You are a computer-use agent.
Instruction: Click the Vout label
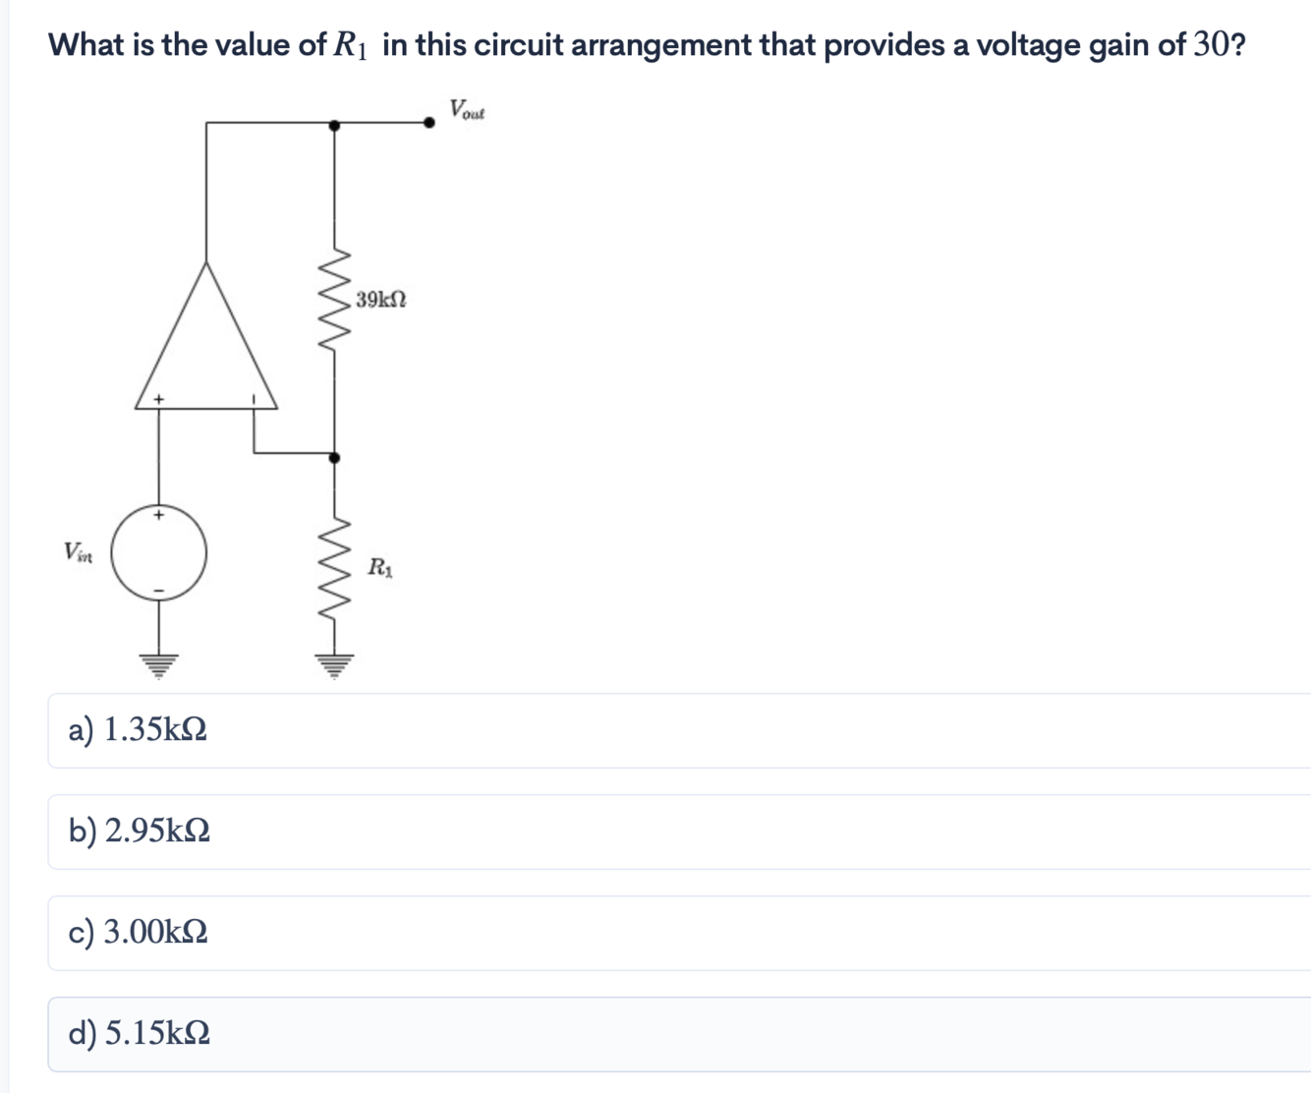tap(467, 109)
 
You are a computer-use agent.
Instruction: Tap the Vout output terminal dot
tap(428, 123)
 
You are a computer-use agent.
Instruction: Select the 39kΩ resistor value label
tap(381, 299)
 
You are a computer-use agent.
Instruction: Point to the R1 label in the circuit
tap(380, 567)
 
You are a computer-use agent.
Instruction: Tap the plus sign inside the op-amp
tap(158, 399)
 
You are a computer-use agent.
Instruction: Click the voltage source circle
tap(158, 552)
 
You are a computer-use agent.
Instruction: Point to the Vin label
tap(78, 551)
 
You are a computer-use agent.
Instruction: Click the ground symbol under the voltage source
tap(158, 665)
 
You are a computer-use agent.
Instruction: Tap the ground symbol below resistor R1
tap(335, 665)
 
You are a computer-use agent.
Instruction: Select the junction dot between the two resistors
tap(334, 458)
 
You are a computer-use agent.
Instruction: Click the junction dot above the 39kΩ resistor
tap(334, 125)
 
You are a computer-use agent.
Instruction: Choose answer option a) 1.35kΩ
tap(138, 730)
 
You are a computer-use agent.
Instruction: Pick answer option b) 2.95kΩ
tap(139, 832)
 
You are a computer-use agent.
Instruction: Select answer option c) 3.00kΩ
tap(138, 932)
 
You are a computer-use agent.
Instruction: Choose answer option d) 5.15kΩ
tap(139, 1034)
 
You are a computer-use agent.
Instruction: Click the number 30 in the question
tap(1208, 45)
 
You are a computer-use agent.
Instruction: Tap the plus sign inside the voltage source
tap(158, 514)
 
